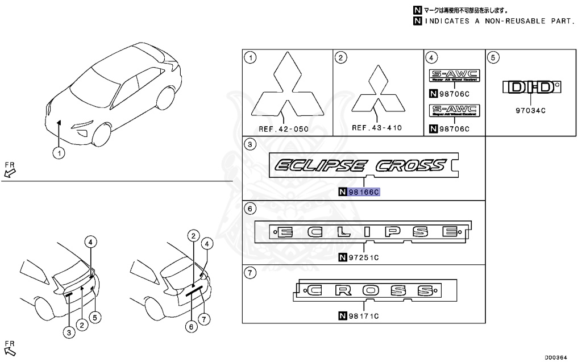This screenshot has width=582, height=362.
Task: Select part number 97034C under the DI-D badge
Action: (530, 111)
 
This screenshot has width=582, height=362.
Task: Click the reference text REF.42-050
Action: (284, 129)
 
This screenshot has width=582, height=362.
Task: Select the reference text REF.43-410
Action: (377, 128)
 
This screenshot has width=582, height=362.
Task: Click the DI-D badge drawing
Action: (531, 87)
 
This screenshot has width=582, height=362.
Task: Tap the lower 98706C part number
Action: (454, 128)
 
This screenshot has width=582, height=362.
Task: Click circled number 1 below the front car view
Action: (59, 152)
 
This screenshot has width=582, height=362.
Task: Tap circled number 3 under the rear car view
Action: (70, 334)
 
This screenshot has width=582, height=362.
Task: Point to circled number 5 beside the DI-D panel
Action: (494, 57)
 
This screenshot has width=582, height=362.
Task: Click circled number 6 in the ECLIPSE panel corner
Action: (249, 209)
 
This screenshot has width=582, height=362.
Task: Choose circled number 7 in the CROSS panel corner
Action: (249, 273)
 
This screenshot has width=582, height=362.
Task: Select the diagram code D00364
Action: (558, 357)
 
